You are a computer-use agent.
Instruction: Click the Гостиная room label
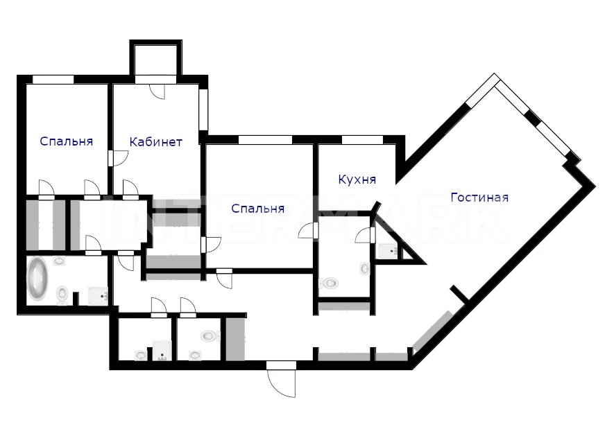coord(479,198)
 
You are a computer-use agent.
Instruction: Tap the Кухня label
coord(357,179)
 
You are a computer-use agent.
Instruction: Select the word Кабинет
coord(156,141)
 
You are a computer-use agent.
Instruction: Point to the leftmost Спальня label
coord(66,141)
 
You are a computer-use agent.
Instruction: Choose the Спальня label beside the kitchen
coord(257,209)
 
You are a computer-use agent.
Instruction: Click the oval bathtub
coord(37,278)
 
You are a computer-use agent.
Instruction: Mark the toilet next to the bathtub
coord(62,294)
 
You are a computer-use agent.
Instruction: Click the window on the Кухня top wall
coord(362,139)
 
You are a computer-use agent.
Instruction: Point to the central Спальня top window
coord(265,139)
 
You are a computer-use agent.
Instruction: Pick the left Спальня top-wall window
coord(53,80)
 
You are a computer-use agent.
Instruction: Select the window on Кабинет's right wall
coord(203,110)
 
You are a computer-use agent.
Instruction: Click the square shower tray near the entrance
coord(162,351)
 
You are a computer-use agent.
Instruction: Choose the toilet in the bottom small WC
coord(210,335)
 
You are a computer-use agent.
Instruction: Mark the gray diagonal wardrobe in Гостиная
coord(434,331)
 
